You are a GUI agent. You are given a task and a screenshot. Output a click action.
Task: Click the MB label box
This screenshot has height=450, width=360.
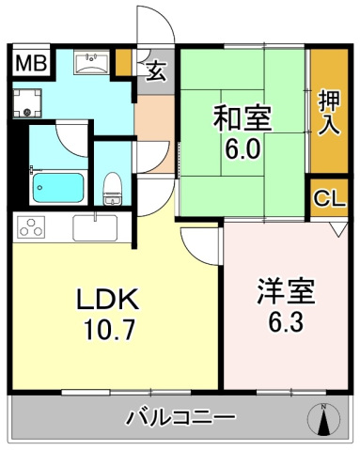click(32, 64)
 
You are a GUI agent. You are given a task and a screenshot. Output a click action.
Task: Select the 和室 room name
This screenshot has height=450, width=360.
click(243, 119)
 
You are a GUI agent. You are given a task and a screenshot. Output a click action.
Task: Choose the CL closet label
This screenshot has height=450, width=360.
click(328, 198)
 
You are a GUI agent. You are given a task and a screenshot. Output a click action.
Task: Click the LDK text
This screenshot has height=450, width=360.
click(107, 300)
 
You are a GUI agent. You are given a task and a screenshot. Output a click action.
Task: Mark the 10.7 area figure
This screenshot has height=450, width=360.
click(107, 330)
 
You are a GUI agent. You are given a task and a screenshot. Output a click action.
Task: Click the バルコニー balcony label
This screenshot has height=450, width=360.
click(180, 416)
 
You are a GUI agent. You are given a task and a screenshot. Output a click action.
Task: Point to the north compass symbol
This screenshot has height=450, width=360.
click(324, 419)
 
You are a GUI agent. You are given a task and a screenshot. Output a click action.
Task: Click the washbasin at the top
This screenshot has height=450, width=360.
click(92, 64)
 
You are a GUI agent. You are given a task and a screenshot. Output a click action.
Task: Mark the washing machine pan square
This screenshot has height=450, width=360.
click(30, 102)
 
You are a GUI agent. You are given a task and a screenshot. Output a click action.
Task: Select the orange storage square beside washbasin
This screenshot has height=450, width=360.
click(122, 63)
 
